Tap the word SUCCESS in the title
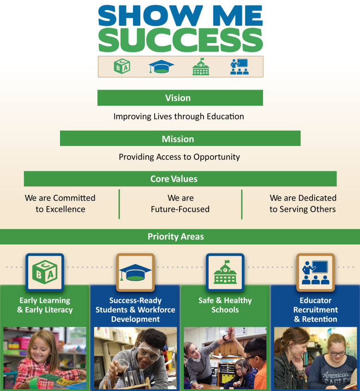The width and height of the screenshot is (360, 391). click(180, 40)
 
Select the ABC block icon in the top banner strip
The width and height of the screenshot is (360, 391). click(122, 66)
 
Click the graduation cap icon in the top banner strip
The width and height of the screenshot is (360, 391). click(161, 66)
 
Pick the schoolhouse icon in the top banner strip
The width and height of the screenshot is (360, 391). click(201, 66)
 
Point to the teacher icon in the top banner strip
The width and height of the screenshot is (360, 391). click(240, 66)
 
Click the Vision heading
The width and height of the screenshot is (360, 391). click(178, 98)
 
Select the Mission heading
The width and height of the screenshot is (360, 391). click(178, 139)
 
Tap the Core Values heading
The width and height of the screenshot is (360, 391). click(174, 179)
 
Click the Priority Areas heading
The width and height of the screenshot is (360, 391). click(176, 236)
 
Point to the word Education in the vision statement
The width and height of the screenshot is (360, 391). click(225, 116)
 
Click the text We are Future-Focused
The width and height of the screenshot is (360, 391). click(180, 204)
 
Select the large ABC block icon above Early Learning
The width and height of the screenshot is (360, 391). click(45, 272)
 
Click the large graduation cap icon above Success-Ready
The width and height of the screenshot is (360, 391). click(135, 272)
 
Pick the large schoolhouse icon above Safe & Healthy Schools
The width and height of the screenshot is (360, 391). click(225, 272)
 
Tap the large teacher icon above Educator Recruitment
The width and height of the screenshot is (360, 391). click(316, 272)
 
